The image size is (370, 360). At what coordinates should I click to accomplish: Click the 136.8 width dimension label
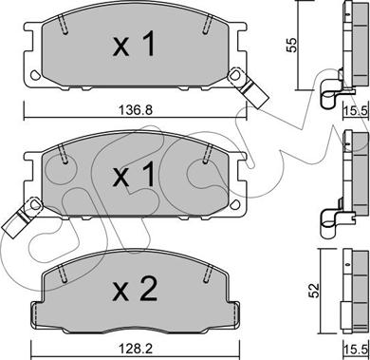pos(136,110)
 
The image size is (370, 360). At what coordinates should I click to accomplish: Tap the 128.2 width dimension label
pos(136,349)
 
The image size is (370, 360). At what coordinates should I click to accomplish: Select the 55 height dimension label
pos(292,45)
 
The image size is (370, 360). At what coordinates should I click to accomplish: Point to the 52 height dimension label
pos(315,291)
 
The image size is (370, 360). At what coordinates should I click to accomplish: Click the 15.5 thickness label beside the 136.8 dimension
pos(357,110)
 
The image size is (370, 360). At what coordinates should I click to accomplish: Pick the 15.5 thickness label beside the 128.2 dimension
pos(357,351)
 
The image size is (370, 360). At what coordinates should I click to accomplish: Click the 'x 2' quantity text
pos(135,289)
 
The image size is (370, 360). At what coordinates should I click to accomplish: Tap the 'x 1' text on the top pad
pos(134,44)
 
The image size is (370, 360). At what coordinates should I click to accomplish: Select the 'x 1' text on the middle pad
pos(134,174)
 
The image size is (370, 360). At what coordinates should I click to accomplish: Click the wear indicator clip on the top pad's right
pos(249,87)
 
